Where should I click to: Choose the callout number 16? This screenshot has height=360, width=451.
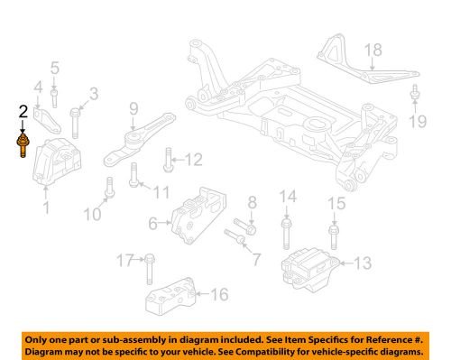pos(221,294)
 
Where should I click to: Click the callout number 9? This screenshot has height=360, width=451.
pos(133,109)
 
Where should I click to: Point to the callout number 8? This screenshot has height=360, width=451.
pos(253,202)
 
